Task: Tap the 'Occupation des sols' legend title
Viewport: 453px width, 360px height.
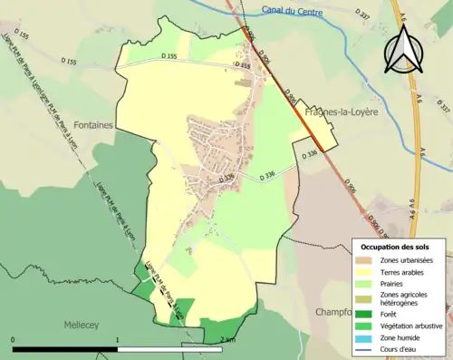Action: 395,247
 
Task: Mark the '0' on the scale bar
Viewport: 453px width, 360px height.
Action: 14,340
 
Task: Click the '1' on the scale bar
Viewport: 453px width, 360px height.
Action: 118,340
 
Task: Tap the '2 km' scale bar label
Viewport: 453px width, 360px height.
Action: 226,340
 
